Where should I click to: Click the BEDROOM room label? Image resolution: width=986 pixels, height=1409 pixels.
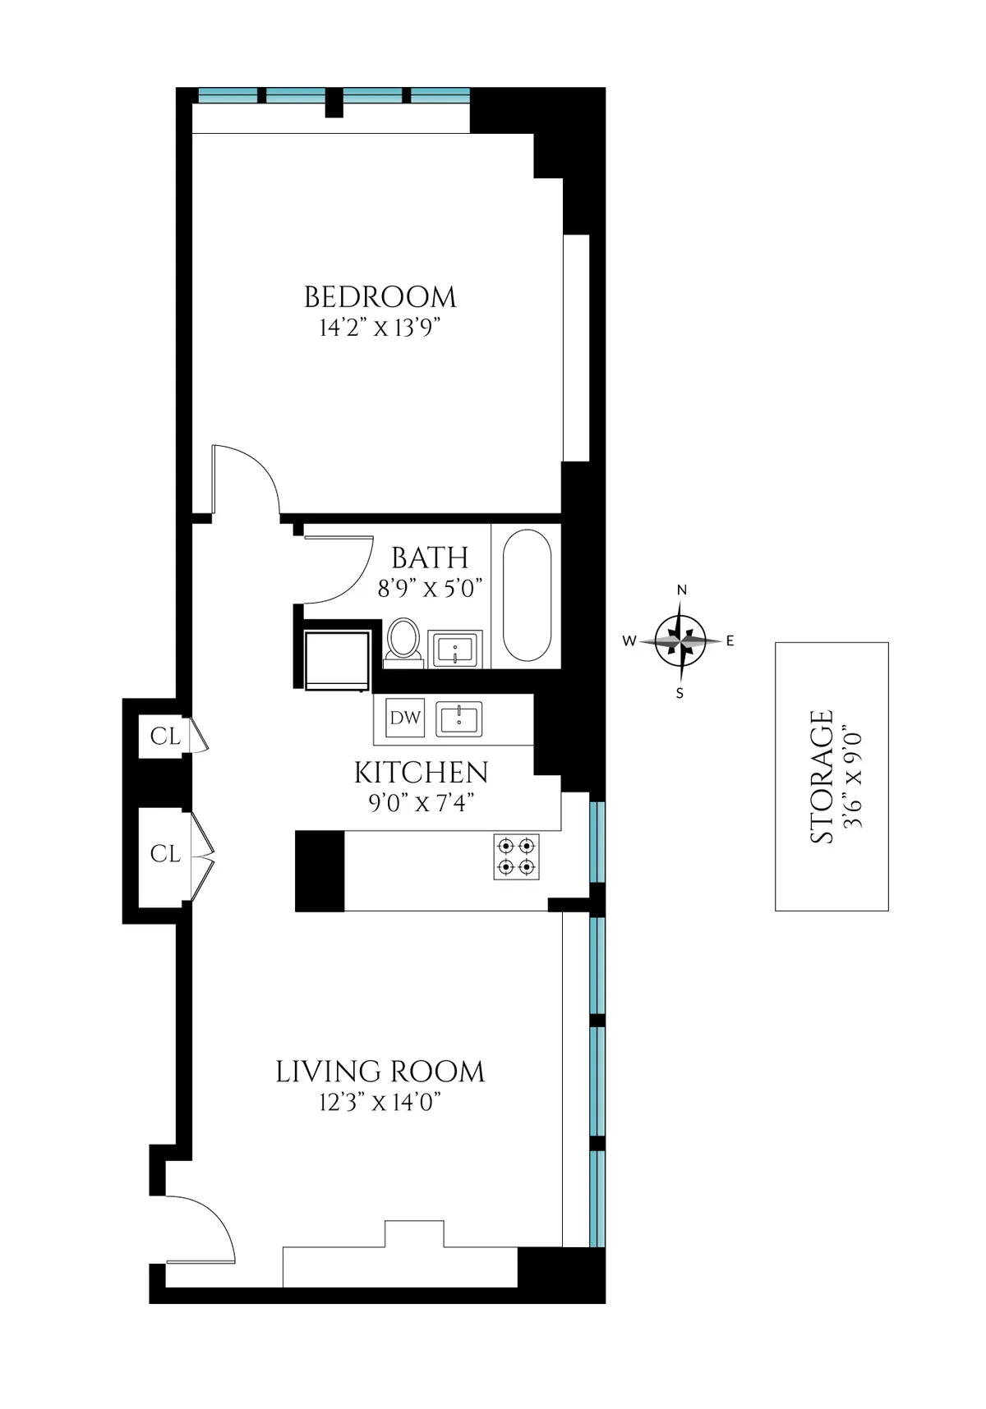coord(380,297)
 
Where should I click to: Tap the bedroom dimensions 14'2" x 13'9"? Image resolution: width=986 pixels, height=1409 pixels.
coord(380,328)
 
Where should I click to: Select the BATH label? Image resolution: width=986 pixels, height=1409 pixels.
coord(430,558)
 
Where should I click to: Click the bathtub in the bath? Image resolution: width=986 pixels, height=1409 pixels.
coord(527,595)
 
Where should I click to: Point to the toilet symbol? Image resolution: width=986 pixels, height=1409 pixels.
coord(403,640)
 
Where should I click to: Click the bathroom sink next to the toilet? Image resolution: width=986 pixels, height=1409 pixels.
coord(455,649)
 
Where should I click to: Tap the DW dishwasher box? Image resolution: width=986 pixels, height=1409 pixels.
coord(405,718)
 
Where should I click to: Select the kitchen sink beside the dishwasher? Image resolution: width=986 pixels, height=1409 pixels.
coord(458,719)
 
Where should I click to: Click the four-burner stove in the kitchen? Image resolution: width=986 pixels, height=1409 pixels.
coord(516,856)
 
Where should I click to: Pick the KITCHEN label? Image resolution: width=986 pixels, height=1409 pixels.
coord(421,773)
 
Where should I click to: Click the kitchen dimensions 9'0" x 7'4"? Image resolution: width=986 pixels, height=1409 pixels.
coord(421,803)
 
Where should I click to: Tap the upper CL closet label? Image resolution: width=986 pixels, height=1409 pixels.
coord(164,737)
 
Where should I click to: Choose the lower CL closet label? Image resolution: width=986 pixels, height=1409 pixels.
coord(164,854)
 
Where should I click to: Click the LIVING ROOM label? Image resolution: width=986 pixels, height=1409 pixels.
coord(380,1072)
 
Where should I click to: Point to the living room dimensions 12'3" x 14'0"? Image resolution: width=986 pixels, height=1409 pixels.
coord(380,1103)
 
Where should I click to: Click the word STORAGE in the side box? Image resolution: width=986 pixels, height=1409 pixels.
coord(822,776)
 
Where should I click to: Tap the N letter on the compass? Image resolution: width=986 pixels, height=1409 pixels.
coord(681,590)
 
